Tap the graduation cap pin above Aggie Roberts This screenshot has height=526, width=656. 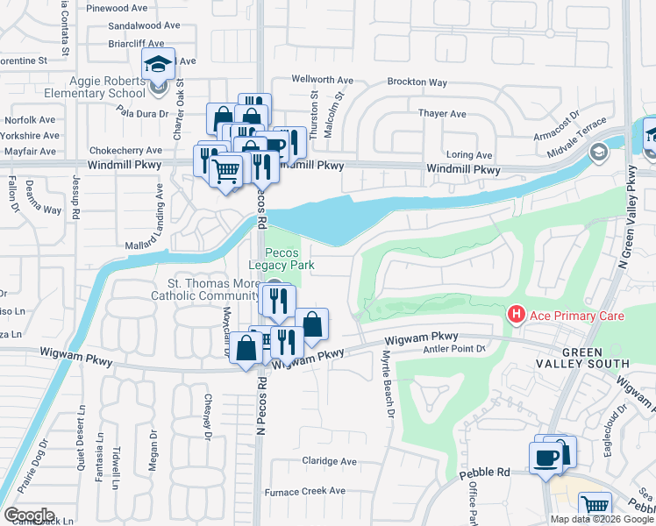click(x=158, y=66)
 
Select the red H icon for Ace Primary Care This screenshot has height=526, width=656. click(x=517, y=314)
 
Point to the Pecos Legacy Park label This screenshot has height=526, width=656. click(x=282, y=259)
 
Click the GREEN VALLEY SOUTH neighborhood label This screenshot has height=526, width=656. click(x=583, y=357)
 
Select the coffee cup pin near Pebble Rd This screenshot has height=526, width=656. click(x=545, y=458)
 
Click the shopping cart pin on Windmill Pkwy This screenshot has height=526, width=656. click(x=227, y=171)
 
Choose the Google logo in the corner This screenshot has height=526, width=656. click(x=29, y=515)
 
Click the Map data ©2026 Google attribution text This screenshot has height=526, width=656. click(x=602, y=519)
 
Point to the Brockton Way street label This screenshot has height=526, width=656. click(x=418, y=82)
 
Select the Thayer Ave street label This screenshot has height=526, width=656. click(x=442, y=114)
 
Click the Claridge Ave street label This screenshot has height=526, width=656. click(x=330, y=461)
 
